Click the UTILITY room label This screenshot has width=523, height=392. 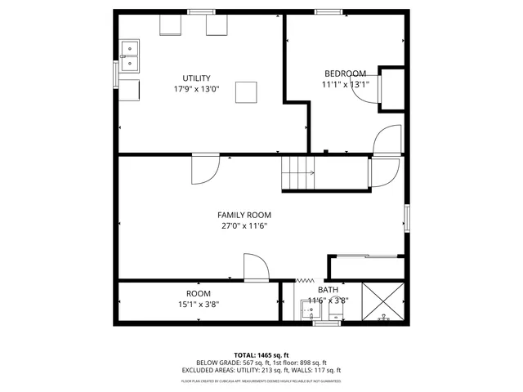[196, 78]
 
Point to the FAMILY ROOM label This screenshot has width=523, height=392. [244, 215]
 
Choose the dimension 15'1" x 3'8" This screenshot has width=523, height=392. [198, 305]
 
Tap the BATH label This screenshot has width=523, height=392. [328, 290]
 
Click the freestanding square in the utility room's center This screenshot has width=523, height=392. [246, 92]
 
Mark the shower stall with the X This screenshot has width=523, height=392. [382, 303]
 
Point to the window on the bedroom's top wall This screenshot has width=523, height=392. [329, 11]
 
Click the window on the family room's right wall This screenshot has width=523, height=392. [405, 218]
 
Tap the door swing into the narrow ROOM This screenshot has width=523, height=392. [255, 268]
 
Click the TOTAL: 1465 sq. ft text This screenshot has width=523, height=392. [261, 354]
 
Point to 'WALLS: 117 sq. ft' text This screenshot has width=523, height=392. [314, 370]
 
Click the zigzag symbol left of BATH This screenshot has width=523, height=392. [303, 279]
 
